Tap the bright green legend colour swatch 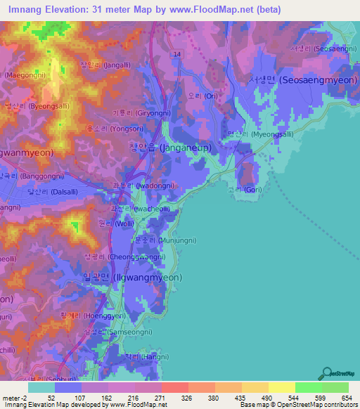click(308, 387)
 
